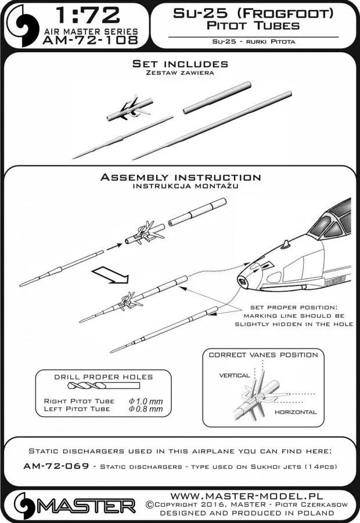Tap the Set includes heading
tap(179, 63)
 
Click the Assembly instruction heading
tap(180, 177)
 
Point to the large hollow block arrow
tap(110, 274)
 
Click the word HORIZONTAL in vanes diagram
tap(296, 412)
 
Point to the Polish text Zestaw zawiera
tap(179, 73)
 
